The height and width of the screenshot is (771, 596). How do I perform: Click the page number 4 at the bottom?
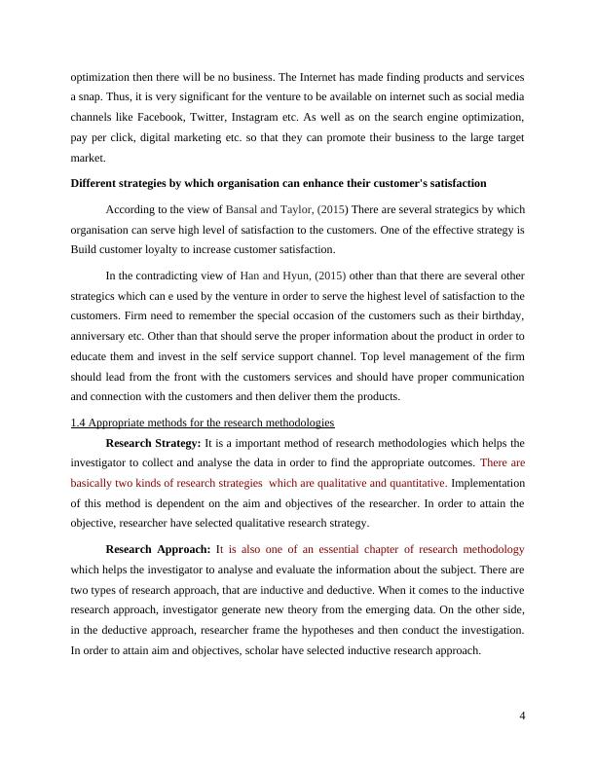522,716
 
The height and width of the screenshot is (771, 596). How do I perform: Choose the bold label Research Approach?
157,549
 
